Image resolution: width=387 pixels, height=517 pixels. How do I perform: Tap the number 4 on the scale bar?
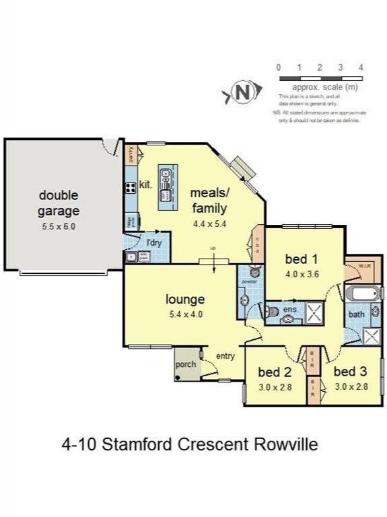[x=361, y=67]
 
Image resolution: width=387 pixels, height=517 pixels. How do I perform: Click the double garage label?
[x=59, y=203]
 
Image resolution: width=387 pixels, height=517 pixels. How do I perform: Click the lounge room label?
[x=185, y=300]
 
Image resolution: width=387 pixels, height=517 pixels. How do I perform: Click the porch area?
[x=185, y=364]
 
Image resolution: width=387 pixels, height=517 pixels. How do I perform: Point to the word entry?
[x=225, y=356]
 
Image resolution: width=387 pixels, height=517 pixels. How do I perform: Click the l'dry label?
[x=154, y=242]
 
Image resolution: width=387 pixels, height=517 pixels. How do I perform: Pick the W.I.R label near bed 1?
[x=364, y=265]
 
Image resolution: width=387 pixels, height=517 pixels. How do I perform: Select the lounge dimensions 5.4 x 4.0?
[x=185, y=314]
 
